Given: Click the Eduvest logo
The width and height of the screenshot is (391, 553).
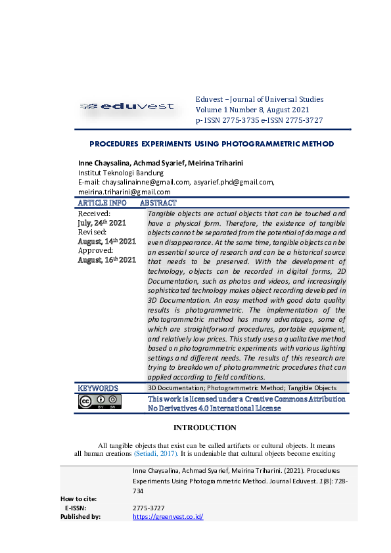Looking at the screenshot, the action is click(127, 106).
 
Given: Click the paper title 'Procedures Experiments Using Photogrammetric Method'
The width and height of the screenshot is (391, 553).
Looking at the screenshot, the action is click(202, 144).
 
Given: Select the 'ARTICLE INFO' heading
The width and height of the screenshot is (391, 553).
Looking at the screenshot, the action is click(102, 204).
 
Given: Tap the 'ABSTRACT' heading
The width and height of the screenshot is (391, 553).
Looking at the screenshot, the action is click(158, 204).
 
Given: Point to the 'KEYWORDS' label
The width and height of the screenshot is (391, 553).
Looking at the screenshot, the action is click(98, 388).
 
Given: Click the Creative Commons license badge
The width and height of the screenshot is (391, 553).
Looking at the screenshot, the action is click(99, 401).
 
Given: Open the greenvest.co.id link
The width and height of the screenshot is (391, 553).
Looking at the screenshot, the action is click(168, 517).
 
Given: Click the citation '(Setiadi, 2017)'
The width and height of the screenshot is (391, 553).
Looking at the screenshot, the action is click(155, 453).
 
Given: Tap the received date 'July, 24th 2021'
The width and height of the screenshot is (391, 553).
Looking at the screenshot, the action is click(102, 223).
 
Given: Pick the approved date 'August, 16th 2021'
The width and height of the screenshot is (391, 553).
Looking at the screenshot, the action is click(106, 260).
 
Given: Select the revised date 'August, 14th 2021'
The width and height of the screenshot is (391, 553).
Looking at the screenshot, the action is click(106, 242).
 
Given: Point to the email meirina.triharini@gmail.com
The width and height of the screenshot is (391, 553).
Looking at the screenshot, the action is click(124, 192).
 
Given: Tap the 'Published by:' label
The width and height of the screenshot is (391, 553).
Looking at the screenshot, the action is click(80, 517).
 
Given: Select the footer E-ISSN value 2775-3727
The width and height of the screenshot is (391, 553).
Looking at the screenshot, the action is click(149, 508).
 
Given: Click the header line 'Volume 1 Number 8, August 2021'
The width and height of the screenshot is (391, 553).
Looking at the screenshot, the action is click(252, 110).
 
